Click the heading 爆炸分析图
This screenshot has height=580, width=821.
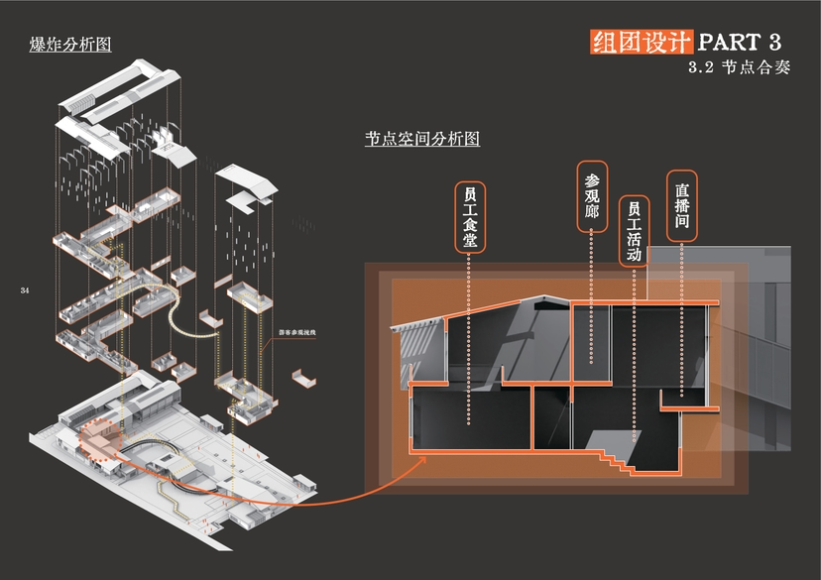tap(70, 45)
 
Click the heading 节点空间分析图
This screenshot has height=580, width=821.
tap(422, 140)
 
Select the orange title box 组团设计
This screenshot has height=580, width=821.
tap(640, 42)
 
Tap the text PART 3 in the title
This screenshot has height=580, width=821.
tap(740, 42)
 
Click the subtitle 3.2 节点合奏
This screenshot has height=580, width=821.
tap(739, 69)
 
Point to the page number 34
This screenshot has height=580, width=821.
tap(25, 290)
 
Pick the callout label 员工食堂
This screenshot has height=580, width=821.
tap(470, 217)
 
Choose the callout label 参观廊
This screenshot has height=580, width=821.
tap(592, 196)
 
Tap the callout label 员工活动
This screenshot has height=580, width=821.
tap(634, 232)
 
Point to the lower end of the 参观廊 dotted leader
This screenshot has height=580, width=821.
tap(592, 363)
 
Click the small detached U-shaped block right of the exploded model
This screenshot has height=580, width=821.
tap(303, 378)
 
